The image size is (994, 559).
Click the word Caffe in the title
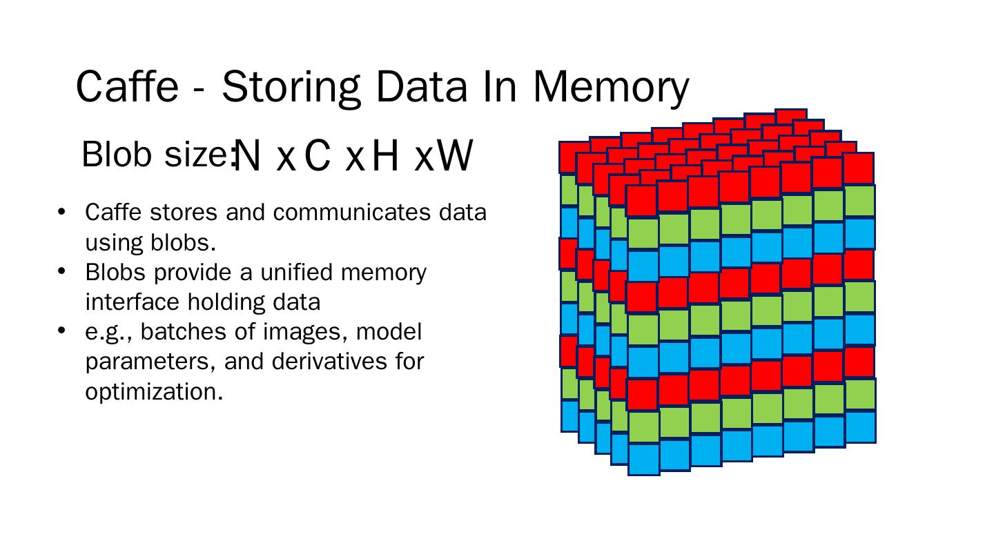point(126,87)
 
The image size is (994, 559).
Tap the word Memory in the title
point(610,88)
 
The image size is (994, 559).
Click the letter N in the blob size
point(248,156)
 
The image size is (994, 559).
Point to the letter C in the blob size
point(317,156)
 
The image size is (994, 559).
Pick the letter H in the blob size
point(386,156)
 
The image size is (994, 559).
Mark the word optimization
point(154,391)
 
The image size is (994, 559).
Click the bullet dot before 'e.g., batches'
point(61,331)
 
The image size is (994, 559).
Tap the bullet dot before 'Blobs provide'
point(61,271)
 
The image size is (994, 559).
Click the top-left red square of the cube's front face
point(642,201)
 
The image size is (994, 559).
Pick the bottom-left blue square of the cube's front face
point(643,459)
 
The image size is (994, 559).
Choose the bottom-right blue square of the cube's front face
point(860,426)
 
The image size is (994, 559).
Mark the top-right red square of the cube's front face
point(859,169)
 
